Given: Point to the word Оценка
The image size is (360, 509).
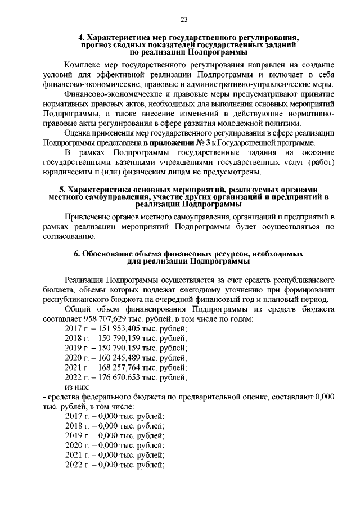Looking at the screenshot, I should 80,133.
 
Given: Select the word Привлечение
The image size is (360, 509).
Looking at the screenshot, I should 90,217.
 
